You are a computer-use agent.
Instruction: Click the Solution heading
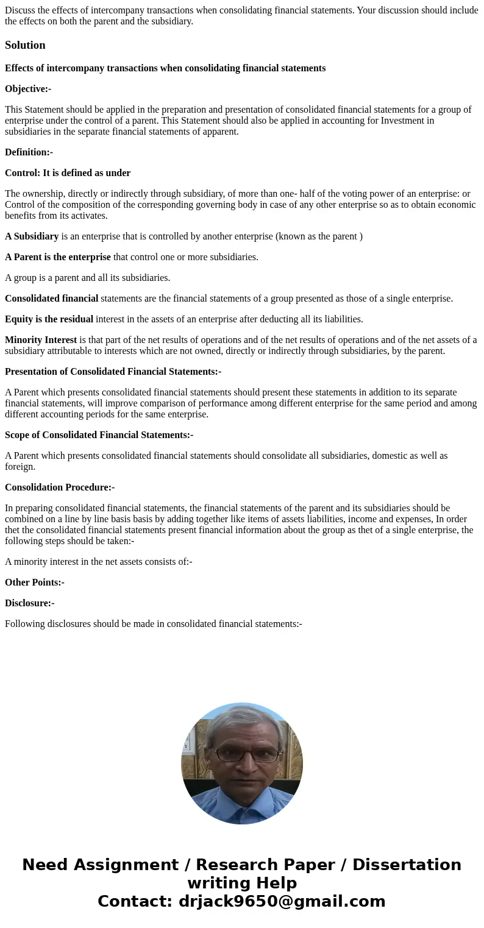25,45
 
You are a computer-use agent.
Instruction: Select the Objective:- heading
28,89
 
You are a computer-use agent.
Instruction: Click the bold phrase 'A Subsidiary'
32,236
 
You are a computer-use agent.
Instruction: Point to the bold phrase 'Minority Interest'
41,340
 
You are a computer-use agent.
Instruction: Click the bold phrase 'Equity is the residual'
49,319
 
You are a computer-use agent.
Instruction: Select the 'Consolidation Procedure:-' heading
60,487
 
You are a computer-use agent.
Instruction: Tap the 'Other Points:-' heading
35,583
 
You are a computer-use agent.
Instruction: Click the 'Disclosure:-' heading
30,603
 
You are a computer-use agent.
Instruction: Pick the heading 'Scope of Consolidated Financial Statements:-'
99,435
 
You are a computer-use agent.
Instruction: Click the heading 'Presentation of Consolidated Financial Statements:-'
113,372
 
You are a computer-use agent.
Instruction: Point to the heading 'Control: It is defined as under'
68,173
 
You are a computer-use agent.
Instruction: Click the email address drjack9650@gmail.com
282,901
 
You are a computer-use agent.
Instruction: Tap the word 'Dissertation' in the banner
407,865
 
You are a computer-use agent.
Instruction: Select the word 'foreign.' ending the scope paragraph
20,467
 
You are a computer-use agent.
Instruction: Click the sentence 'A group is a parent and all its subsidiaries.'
87,278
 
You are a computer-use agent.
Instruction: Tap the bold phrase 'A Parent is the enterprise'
58,257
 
